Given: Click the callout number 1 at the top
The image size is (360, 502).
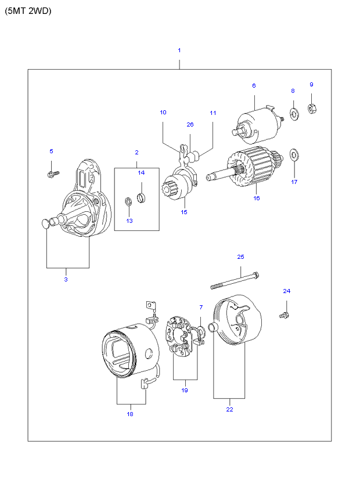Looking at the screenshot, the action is (179, 50).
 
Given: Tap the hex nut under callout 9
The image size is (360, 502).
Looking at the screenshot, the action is (312, 109).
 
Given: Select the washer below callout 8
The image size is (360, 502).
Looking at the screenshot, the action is (294, 114).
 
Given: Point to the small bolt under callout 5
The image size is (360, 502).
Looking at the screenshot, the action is (53, 174).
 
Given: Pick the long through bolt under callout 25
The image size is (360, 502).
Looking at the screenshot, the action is (235, 280).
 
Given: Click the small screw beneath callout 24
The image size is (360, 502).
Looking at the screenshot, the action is (285, 316).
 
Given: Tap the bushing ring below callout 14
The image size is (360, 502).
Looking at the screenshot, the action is (141, 197).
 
